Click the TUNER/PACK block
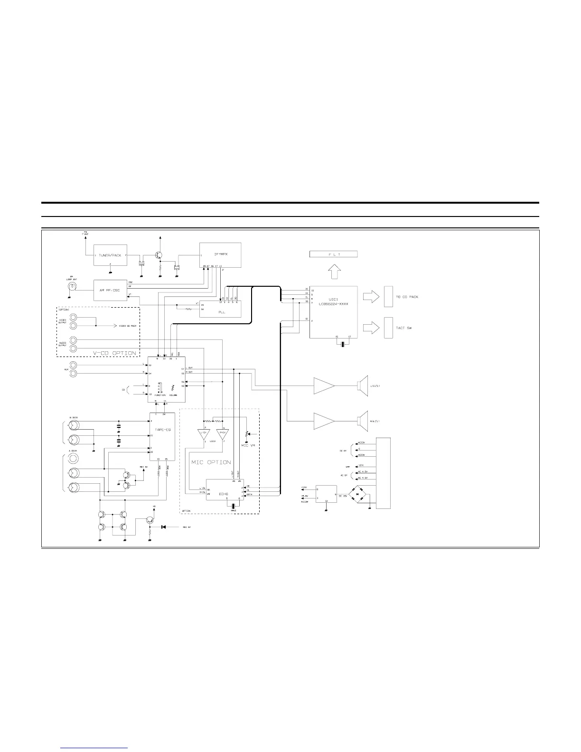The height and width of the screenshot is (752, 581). click(x=110, y=255)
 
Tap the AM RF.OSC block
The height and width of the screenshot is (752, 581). click(x=110, y=290)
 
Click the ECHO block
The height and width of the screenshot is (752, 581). click(x=224, y=494)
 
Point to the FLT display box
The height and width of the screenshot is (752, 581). click(x=333, y=254)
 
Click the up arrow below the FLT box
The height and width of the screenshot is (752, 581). click(x=334, y=272)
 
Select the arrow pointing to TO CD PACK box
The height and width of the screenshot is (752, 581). click(x=371, y=297)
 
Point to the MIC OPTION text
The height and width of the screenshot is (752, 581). click(x=211, y=462)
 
